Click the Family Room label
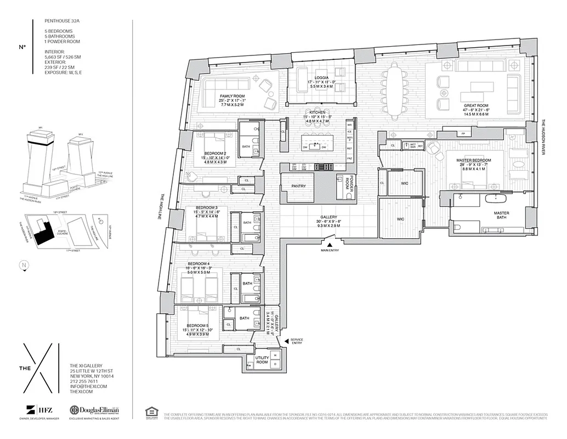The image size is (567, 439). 232,95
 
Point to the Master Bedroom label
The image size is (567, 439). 473,160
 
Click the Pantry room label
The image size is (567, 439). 298,186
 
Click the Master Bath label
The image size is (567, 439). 501,213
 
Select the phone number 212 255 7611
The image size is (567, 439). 83,381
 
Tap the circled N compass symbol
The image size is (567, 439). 24,266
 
